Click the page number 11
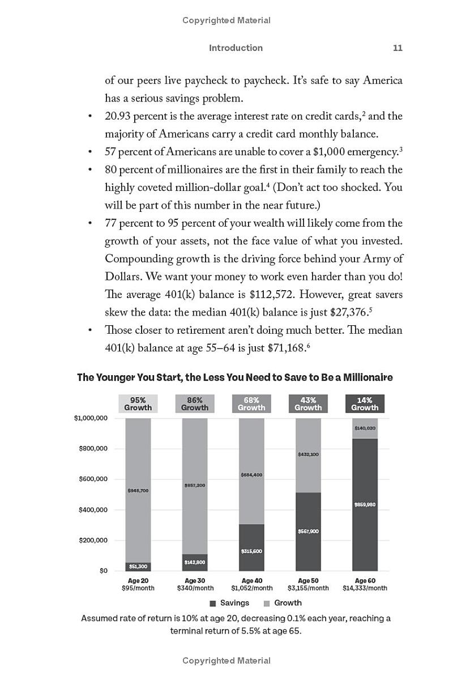tap(398, 48)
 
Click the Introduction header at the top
tap(236, 48)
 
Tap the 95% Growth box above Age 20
tap(138, 403)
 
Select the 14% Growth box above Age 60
tap(365, 403)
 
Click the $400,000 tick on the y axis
tap(93, 510)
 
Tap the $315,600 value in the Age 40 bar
tap(251, 551)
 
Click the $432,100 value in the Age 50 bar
tap(308, 454)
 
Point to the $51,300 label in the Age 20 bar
tap(138, 566)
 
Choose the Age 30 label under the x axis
tap(195, 581)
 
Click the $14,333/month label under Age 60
tap(365, 588)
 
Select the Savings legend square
tap(213, 603)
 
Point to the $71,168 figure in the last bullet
tap(287, 348)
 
